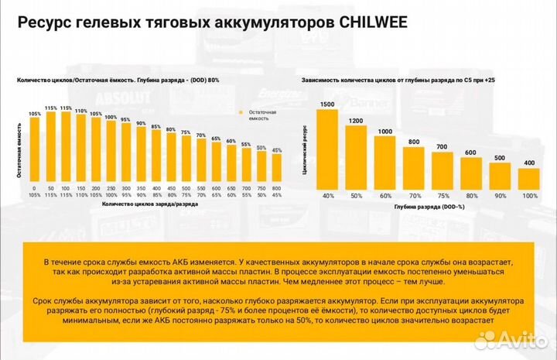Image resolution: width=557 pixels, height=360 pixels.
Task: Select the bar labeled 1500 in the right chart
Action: pyautogui.click(x=327, y=149)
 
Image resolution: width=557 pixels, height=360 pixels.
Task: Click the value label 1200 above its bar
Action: pyautogui.click(x=356, y=121)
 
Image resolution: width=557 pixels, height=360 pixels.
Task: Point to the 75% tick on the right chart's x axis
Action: pyautogui.click(x=442, y=197)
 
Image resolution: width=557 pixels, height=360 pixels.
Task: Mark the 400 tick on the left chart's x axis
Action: pyautogui.click(x=155, y=188)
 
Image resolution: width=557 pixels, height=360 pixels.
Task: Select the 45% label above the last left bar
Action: pyautogui.click(x=276, y=149)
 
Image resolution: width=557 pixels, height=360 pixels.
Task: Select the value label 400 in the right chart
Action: pyautogui.click(x=528, y=163)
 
